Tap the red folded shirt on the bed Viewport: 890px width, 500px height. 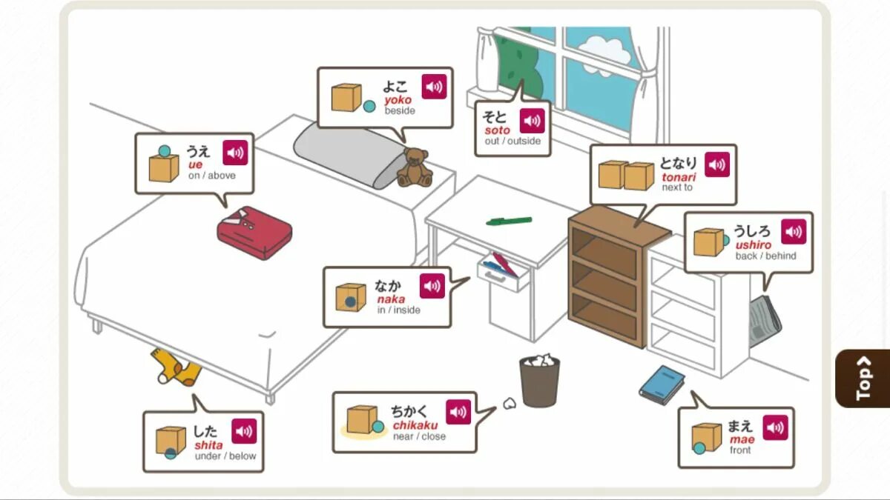pyautogui.click(x=254, y=232)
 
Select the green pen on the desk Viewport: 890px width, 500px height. pyautogui.click(x=509, y=221)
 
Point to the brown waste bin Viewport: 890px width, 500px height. pyautogui.click(x=539, y=381)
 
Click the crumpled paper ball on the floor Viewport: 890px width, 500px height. pyautogui.click(x=510, y=404)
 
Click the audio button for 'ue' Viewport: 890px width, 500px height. pyautogui.click(x=235, y=153)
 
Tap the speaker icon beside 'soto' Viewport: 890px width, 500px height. pyautogui.click(x=532, y=121)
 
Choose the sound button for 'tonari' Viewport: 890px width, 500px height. pyautogui.click(x=716, y=164)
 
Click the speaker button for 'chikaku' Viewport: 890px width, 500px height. pyautogui.click(x=458, y=413)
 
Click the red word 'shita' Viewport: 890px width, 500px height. pyautogui.click(x=208, y=445)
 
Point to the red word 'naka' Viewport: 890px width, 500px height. pyautogui.click(x=391, y=299)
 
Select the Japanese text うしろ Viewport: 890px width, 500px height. pyautogui.click(x=752, y=231)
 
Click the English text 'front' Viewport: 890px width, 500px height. pyautogui.click(x=740, y=450)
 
